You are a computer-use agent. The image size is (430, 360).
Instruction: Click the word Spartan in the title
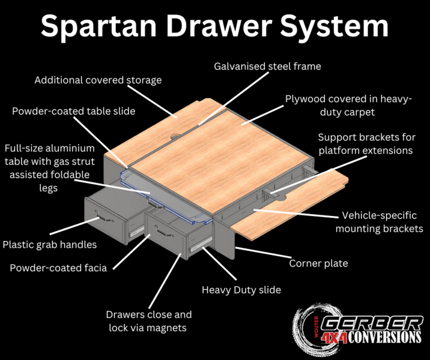click(98, 27)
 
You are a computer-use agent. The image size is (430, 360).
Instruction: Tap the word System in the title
click(335, 27)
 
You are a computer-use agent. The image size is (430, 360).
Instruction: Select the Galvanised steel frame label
click(267, 67)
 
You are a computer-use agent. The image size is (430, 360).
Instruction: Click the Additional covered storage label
click(98, 80)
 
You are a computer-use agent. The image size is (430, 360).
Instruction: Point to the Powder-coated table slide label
click(73, 111)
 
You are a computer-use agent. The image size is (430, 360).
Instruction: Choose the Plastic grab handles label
click(50, 245)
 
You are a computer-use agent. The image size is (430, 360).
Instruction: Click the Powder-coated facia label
click(58, 268)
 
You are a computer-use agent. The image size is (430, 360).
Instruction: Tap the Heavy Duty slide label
click(241, 290)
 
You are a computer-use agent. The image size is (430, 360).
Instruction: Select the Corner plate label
click(318, 263)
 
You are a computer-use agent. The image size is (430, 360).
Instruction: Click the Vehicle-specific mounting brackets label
click(380, 222)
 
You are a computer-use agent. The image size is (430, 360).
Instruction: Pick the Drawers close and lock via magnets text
click(148, 321)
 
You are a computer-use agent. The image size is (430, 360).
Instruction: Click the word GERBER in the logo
click(372, 323)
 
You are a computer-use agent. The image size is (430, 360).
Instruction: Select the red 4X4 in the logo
click(334, 338)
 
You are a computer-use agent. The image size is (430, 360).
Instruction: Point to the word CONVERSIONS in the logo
click(384, 337)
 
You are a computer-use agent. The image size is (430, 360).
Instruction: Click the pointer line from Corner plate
click(263, 253)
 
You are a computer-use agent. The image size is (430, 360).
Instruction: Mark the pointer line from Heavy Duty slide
click(219, 263)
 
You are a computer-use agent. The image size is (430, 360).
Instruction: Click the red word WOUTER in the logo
click(316, 326)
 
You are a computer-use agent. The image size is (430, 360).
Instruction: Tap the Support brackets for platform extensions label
click(367, 144)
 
